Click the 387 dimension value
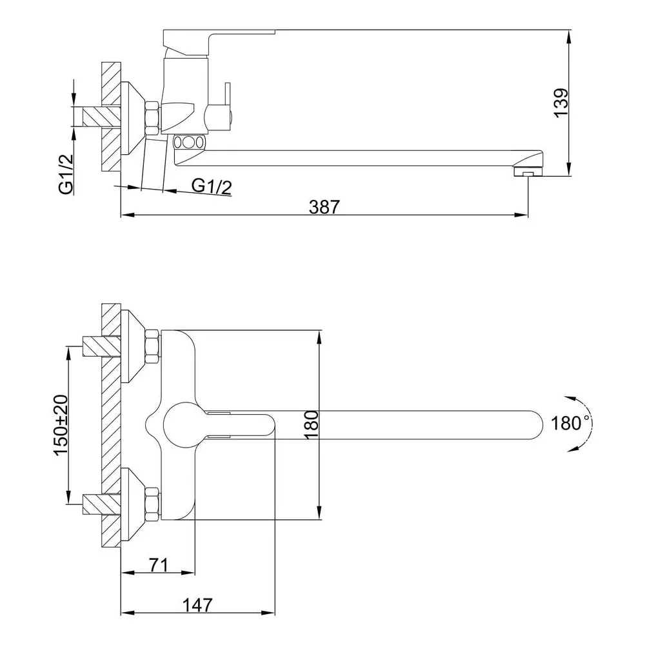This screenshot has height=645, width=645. [324, 207]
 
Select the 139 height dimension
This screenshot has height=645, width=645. [561, 103]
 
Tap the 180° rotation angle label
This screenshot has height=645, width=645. [570, 423]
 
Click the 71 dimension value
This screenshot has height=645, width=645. [159, 565]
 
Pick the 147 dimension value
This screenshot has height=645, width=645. [197, 605]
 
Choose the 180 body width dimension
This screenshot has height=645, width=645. [312, 425]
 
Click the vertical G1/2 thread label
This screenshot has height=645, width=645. [66, 174]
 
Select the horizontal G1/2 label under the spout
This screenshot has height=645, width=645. [212, 186]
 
